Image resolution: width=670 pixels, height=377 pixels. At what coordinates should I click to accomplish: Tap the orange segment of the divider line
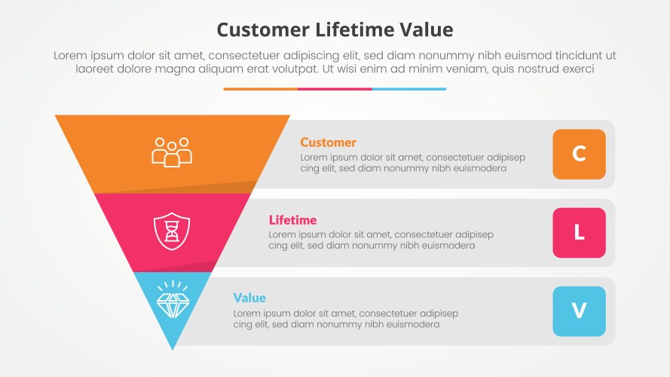[x=260, y=89]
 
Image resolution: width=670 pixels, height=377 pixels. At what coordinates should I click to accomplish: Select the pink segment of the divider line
[x=335, y=89]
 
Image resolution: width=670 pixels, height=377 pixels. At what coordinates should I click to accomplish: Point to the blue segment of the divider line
[x=409, y=89]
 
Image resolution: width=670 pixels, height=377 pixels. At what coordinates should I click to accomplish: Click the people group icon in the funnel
[x=172, y=152]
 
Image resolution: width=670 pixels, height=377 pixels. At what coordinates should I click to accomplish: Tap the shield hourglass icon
[x=172, y=231]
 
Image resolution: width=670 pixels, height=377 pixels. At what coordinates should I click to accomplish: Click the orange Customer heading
[x=328, y=143]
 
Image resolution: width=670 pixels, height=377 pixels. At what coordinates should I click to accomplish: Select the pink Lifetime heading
[x=292, y=220]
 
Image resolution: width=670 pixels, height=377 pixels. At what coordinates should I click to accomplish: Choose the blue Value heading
[x=249, y=298]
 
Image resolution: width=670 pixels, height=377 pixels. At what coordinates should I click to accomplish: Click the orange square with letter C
[x=579, y=154]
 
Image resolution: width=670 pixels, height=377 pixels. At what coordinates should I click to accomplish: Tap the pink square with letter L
[x=579, y=232]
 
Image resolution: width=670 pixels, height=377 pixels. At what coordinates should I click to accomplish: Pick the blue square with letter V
[x=579, y=311]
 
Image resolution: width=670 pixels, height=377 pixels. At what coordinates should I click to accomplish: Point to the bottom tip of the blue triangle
[x=173, y=347]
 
